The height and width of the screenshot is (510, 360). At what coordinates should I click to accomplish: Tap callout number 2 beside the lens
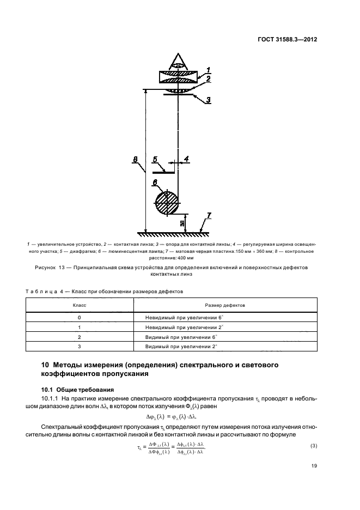point(209,79)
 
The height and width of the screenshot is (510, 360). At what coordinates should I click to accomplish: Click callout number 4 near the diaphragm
point(186,159)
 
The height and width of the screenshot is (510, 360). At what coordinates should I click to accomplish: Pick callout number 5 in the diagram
point(155,159)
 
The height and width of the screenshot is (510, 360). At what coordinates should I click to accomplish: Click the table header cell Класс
point(80,306)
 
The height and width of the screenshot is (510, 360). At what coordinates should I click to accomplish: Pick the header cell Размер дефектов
point(224,306)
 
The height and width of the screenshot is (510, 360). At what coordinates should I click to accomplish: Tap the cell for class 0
point(80,317)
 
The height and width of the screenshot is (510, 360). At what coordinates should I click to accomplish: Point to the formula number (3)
point(314,446)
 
